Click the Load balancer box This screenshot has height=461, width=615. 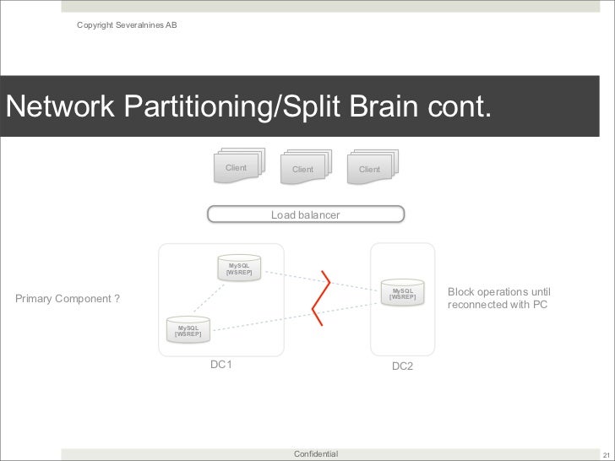coord(305,215)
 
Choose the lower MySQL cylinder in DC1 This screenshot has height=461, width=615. coord(188,328)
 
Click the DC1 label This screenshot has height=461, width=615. coord(220,365)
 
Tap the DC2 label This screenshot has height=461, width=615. coord(402,368)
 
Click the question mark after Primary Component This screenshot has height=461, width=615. coord(117,298)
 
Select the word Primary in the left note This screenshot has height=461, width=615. coord(35,298)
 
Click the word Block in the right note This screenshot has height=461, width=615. coord(460,291)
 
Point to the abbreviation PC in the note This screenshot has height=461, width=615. coord(540,304)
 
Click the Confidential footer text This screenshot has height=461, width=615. coord(315,454)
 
